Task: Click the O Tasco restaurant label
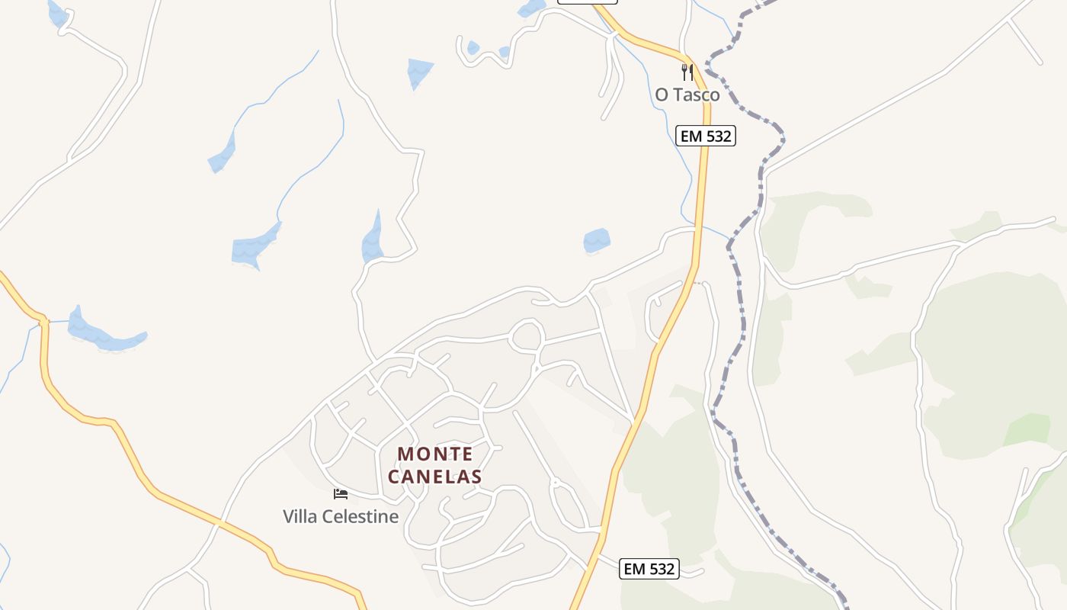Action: [x=687, y=95]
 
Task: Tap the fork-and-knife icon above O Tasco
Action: [x=687, y=72]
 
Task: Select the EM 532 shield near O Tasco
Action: [x=705, y=136]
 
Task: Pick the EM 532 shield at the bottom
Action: [x=649, y=569]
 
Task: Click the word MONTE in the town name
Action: [x=435, y=454]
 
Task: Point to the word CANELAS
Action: [x=435, y=477]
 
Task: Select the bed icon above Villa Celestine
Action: [x=341, y=494]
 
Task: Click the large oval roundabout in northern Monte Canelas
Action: [x=527, y=335]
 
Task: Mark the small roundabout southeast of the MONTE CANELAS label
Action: [x=556, y=483]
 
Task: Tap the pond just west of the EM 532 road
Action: [x=597, y=241]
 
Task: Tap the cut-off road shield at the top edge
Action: [x=587, y=2]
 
